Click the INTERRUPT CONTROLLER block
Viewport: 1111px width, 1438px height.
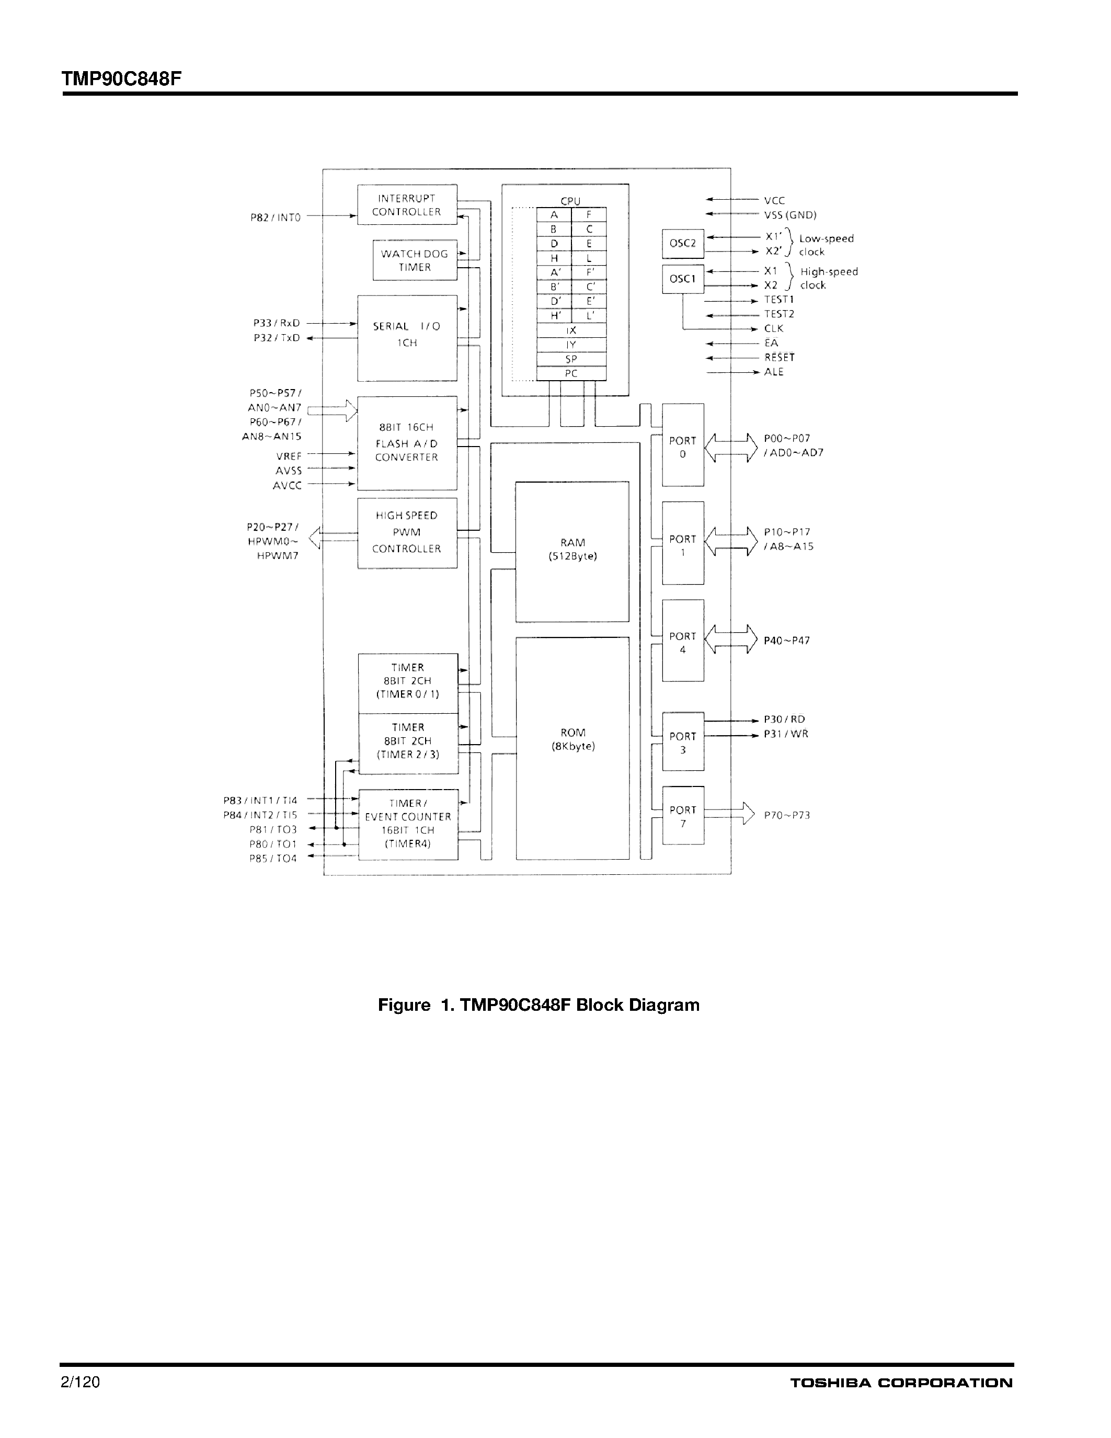[x=407, y=205]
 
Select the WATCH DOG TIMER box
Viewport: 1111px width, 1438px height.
[x=415, y=260]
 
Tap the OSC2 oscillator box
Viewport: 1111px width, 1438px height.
[x=682, y=243]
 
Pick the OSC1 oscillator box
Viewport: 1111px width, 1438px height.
[x=682, y=279]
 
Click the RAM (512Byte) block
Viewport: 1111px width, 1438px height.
[x=572, y=551]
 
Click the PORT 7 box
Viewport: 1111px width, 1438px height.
[x=682, y=816]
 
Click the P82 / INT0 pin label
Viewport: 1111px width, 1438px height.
[x=275, y=218]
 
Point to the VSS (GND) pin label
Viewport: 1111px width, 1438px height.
[x=790, y=214]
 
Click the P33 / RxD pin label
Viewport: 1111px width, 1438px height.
[x=277, y=323]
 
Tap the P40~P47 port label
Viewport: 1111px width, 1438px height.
[x=786, y=640]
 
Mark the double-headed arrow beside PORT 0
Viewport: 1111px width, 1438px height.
[x=730, y=448]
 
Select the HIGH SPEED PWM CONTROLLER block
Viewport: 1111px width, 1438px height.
[x=407, y=532]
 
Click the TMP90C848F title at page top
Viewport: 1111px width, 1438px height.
[x=121, y=79]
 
